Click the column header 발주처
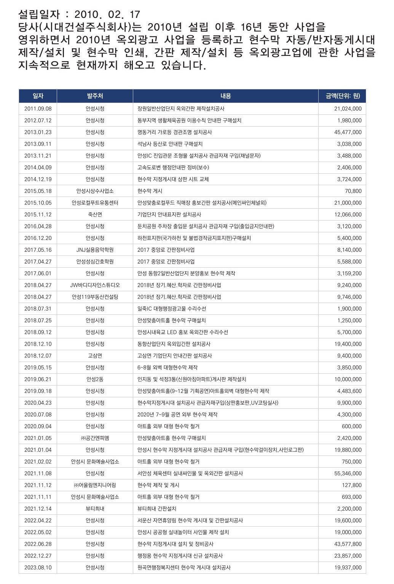coord(95,96)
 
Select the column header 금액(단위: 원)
coord(343,96)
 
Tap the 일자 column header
coord(38,96)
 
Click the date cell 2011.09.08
coord(38,109)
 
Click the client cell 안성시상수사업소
coord(95,191)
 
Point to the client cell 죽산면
coord(95,214)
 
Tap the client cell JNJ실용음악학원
coord(95,250)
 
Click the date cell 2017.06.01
coord(38,273)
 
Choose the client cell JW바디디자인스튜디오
coord(95,285)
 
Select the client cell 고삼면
coord(95,356)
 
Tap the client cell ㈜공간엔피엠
coord(95,438)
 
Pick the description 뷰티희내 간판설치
coord(157,509)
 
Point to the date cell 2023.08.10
coord(38,568)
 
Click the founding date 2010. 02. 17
coord(108,14)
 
